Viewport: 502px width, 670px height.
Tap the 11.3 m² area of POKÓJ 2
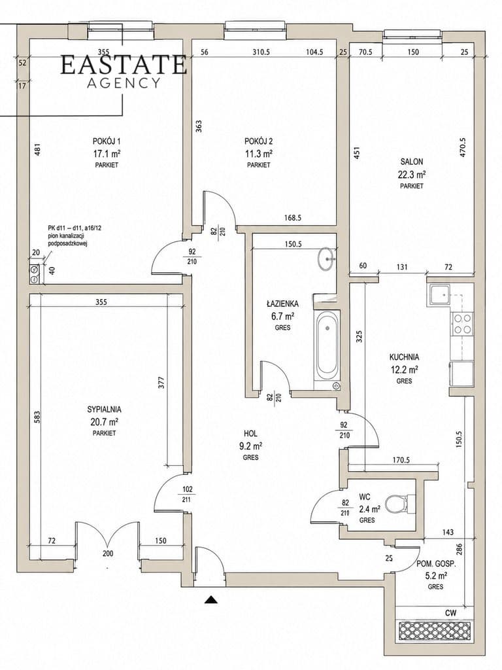tap(259, 153)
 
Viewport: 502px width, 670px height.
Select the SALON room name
tap(412, 162)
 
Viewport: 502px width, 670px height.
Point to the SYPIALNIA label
tap(104, 410)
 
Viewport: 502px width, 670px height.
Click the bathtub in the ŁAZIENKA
tap(327, 347)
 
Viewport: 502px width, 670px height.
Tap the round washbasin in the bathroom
tap(327, 258)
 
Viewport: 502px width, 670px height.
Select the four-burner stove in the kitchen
tap(462, 323)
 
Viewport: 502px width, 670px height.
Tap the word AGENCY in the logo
tap(124, 83)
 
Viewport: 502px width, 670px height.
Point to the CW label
tap(450, 612)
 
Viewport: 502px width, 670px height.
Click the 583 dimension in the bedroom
tap(37, 417)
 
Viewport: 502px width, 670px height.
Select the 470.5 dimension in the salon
tap(463, 148)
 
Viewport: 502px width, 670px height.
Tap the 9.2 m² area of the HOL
tap(250, 446)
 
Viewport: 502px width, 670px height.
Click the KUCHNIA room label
tap(404, 357)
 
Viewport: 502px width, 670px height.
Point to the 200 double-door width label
tap(108, 554)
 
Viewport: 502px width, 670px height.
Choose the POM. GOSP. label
tap(436, 564)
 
